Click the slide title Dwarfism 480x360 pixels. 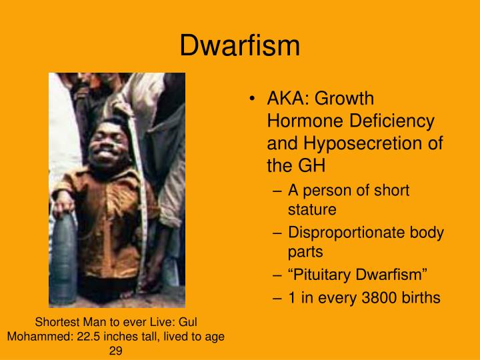tap(240, 45)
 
